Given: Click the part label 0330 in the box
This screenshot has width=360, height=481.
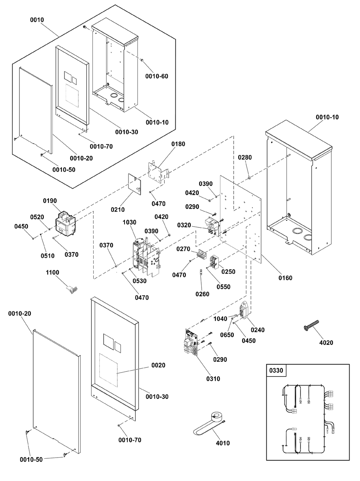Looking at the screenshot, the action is click(x=276, y=370).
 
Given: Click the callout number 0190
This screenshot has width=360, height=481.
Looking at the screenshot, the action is click(x=50, y=201).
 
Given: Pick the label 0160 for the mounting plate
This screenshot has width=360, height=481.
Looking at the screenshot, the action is click(x=285, y=278).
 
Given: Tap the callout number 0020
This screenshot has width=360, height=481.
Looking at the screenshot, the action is click(x=158, y=365).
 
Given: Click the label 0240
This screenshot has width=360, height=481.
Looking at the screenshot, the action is click(x=258, y=330).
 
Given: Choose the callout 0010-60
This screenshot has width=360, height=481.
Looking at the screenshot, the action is click(x=157, y=76).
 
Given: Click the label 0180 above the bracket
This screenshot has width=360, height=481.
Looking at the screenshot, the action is click(x=178, y=144).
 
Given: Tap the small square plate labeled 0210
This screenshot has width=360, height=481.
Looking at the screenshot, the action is click(x=134, y=184).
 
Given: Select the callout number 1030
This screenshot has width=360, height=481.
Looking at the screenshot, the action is click(x=129, y=222).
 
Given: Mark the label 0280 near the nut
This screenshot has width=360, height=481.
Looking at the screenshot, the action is click(x=245, y=157).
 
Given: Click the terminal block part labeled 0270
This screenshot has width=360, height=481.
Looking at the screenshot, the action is click(x=202, y=254).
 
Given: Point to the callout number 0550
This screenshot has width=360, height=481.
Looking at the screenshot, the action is click(x=224, y=287).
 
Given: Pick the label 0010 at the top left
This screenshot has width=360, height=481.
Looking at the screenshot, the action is click(x=37, y=20).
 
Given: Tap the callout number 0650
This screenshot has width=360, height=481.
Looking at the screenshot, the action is click(x=227, y=335).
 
